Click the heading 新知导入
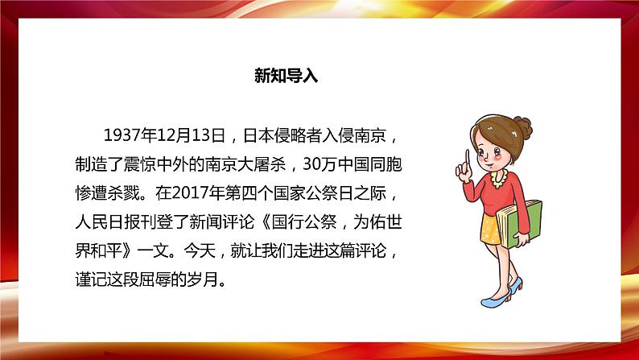pyautogui.click(x=287, y=77)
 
